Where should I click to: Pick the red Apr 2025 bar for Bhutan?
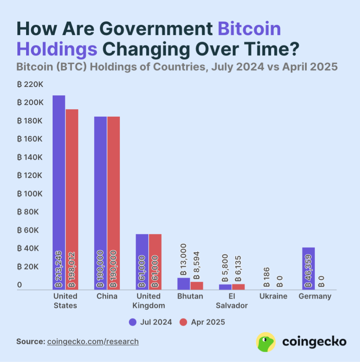tap(197, 285)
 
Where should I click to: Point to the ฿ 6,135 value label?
tap(239, 268)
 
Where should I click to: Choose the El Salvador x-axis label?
tap(233, 301)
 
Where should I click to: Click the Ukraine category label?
tap(273, 296)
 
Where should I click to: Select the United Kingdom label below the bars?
tap(148, 301)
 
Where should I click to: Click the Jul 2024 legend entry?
tap(150, 322)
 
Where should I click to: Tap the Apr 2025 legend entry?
tap(202, 322)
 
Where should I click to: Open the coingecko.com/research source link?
tap(93, 341)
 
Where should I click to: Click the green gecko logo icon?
tap(265, 341)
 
